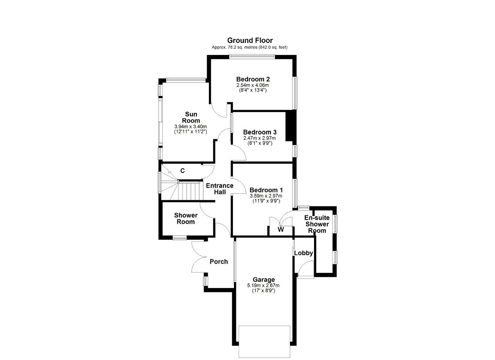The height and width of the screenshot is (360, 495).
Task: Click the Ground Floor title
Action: coord(250,41)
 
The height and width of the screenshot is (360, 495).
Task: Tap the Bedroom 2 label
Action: coord(253,79)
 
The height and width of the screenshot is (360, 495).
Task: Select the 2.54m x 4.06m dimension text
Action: coord(253,85)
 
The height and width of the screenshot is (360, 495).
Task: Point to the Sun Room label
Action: coord(191,117)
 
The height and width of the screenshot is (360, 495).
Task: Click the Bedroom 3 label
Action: coord(259,132)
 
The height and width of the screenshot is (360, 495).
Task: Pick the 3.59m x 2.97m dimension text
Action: coord(266,196)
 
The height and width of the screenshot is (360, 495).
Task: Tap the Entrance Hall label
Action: coord(220,189)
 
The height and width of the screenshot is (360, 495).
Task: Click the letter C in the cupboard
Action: coord(183,171)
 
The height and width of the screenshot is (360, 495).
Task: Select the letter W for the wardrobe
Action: coord(281,229)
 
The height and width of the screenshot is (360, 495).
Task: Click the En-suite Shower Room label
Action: coord(317,224)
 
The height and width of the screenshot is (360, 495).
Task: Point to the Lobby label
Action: coord(304,253)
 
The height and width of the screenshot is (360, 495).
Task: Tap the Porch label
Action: coord(218,262)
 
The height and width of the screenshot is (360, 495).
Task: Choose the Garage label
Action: coord(264,280)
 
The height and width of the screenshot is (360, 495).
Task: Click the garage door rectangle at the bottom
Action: coord(265,342)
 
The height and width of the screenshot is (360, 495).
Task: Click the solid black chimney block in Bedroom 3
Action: coord(290,126)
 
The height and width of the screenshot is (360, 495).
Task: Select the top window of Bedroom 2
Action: coord(252,57)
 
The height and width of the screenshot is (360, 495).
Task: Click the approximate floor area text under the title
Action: coord(249,47)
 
